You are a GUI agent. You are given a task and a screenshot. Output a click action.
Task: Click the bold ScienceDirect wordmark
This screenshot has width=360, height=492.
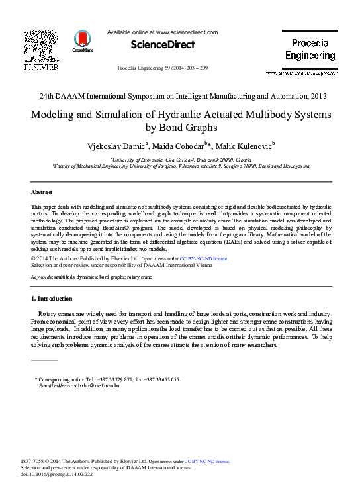pyautogui.click(x=163, y=45)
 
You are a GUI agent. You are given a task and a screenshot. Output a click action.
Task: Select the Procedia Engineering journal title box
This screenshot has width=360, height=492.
pyautogui.click(x=310, y=50)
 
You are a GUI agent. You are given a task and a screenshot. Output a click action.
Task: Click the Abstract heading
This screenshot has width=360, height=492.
pyautogui.click(x=42, y=191)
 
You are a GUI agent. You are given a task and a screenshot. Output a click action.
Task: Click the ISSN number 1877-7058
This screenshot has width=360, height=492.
pyautogui.click(x=34, y=460)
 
